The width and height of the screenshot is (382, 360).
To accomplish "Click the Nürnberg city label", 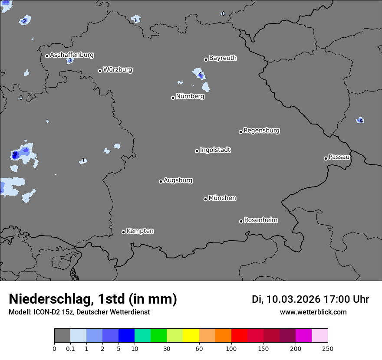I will [190, 96].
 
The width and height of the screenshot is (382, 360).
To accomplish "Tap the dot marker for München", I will [205, 199].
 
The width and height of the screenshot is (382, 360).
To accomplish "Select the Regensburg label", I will [261, 131].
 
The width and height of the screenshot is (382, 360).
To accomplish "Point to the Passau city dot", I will [326, 158].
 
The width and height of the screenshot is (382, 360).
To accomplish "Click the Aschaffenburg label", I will [72, 55].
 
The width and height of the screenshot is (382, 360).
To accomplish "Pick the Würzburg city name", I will [118, 70].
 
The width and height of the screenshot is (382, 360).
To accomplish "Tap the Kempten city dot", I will [123, 232].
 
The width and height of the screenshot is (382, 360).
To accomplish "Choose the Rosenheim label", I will [260, 220].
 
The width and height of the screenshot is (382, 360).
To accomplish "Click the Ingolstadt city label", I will [215, 150].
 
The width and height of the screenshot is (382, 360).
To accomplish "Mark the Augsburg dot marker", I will [161, 181].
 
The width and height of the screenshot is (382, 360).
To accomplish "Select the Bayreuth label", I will [223, 58].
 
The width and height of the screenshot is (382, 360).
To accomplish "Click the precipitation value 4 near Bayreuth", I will [200, 75].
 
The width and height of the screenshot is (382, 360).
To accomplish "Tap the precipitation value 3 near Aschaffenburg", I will [69, 61].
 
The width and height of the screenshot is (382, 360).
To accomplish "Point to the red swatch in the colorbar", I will [239, 336].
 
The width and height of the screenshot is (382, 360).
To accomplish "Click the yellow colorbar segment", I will [191, 336].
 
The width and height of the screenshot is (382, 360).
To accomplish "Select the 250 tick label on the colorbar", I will [328, 348].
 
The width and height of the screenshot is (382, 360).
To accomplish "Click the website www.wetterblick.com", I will [313, 312].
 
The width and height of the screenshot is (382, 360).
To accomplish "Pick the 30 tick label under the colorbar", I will [167, 348].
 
